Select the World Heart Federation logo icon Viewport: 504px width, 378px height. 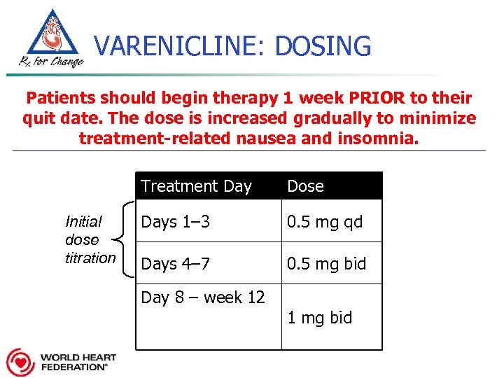(20, 362)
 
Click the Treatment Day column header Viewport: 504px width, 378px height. (196, 186)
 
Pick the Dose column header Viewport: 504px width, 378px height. (305, 186)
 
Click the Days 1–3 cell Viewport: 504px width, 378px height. (175, 222)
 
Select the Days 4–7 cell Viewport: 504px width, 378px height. (176, 264)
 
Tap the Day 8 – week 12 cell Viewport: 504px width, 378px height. (203, 297)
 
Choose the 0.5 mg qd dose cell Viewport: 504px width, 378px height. (325, 222)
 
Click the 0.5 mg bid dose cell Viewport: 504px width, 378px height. (327, 264)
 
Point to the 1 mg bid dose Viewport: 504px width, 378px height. (319, 318)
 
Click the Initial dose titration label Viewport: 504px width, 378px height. (89, 239)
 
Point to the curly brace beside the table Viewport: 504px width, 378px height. (125, 239)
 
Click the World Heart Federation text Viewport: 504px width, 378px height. (78, 362)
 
